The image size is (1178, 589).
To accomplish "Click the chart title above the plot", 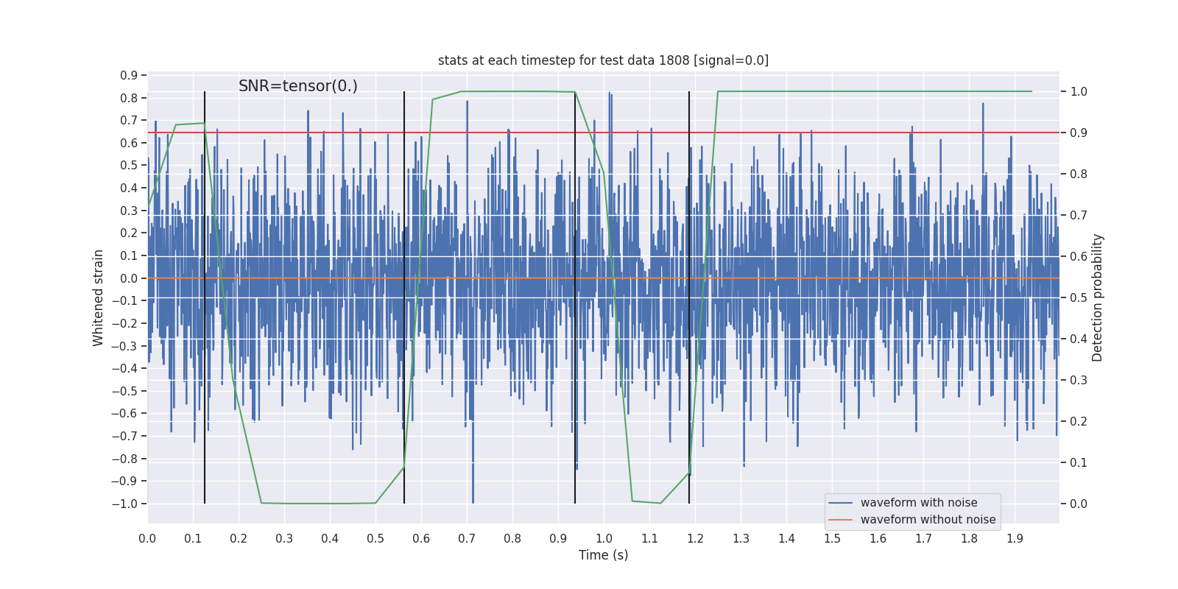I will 603,60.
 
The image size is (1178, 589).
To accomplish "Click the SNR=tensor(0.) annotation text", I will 297,86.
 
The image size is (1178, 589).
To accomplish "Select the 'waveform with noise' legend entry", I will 918,503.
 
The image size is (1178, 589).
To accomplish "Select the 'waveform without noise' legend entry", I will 927,520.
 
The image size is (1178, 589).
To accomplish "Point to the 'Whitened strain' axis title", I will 99,297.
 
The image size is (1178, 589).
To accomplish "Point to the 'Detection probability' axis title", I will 1098,297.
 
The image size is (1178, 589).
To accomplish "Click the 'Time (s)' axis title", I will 603,555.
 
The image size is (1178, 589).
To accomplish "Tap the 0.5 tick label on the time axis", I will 375,539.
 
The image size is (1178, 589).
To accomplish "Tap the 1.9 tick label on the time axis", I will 1015,539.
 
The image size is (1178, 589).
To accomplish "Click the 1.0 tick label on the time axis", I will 604,539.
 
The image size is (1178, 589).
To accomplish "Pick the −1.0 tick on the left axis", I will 124,504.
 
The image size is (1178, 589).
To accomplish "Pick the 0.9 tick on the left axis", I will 129,76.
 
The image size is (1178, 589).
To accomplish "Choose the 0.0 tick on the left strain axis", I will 129,278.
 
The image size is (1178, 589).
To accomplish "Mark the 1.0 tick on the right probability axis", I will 1079,92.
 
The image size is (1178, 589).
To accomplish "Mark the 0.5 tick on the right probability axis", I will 1079,298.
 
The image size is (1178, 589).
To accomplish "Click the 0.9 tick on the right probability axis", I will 1079,133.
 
